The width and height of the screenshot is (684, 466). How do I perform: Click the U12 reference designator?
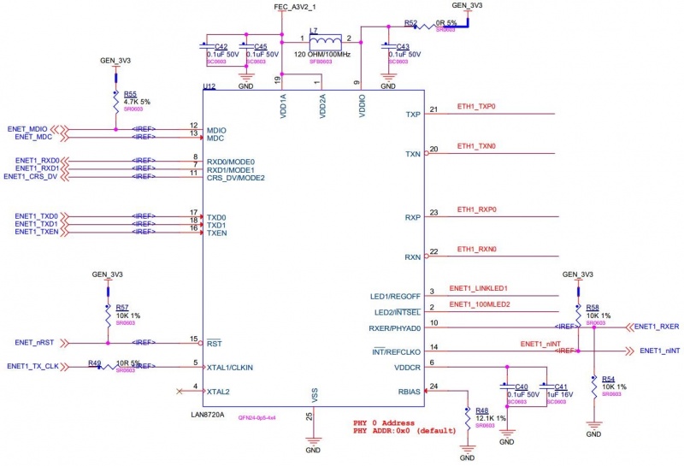pyautogui.click(x=209, y=87)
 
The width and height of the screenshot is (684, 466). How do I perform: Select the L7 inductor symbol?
pyautogui.click(x=325, y=40)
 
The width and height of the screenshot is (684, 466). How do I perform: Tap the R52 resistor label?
pyautogui.click(x=411, y=22)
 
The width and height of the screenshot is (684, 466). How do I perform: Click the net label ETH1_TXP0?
pyautogui.click(x=476, y=107)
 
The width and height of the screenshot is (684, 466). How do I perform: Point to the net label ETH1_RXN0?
pyautogui.click(x=476, y=249)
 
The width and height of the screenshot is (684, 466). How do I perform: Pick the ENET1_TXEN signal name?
pyautogui.click(x=37, y=232)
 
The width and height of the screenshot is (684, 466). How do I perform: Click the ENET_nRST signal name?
pyautogui.click(x=35, y=342)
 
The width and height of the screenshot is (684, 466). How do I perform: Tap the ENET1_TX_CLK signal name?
pyautogui.click(x=32, y=366)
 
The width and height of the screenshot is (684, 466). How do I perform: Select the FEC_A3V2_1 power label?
pyautogui.click(x=295, y=7)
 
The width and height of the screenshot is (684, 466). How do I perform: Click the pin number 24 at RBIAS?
pyautogui.click(x=433, y=386)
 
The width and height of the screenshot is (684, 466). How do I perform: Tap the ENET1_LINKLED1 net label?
pyautogui.click(x=479, y=288)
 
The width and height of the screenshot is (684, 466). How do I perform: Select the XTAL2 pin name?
pyautogui.click(x=217, y=391)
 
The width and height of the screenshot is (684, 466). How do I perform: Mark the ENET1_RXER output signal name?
pyautogui.click(x=657, y=327)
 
